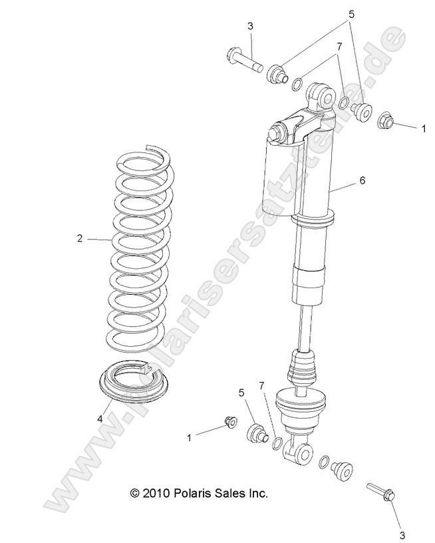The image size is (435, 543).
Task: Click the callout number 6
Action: click(362, 180)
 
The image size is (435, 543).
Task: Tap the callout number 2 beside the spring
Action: click(79, 238)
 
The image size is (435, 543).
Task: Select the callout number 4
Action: click(100, 419)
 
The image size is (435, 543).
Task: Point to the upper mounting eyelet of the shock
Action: click(323, 92)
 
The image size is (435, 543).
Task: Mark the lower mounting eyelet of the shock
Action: click(302, 453)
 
